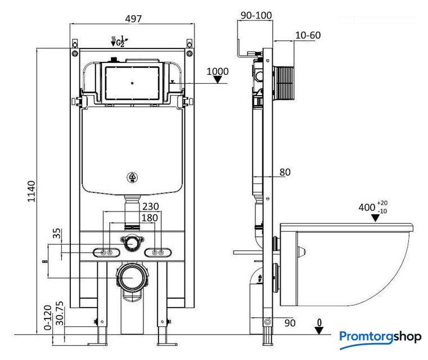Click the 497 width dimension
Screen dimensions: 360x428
[x=133, y=18]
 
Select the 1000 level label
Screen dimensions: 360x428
[x=218, y=71]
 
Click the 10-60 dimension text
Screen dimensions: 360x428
[x=308, y=35]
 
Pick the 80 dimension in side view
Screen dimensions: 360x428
[x=285, y=172]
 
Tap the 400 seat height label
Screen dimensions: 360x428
[x=367, y=207]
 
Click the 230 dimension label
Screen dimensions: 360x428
[x=150, y=206]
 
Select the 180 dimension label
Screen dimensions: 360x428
[x=150, y=218]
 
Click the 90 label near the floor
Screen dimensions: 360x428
[x=290, y=323]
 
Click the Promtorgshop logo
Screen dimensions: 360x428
[x=380, y=337]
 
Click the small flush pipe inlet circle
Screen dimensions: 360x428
[x=132, y=242]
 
